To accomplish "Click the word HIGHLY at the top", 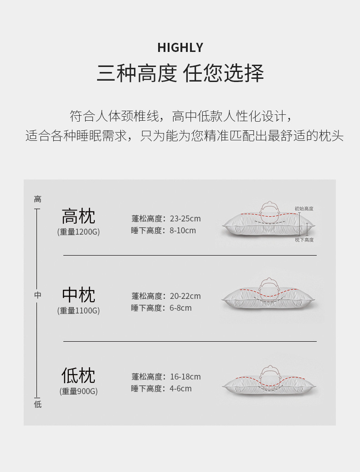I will (x=180, y=47).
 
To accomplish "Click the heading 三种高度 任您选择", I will (x=180, y=73).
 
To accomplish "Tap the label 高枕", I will (x=78, y=216).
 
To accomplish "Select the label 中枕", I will (x=78, y=295).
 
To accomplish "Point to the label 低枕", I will (x=78, y=376).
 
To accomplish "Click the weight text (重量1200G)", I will (x=78, y=232).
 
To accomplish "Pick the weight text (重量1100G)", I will (x=78, y=311).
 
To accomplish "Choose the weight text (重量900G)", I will (x=78, y=391).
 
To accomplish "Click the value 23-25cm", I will (x=185, y=219).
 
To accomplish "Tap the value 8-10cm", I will (x=183, y=231).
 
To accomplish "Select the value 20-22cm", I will (x=185, y=296).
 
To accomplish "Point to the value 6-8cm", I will (x=180, y=308).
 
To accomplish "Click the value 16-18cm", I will (x=185, y=377).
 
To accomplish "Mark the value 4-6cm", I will (x=180, y=389).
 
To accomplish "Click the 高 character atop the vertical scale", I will (x=37, y=199).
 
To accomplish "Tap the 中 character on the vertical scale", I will (x=37, y=295).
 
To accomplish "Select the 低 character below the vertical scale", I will (x=37, y=404).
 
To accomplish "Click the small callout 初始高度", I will (x=303, y=209).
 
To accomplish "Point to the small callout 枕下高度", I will (x=304, y=240).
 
